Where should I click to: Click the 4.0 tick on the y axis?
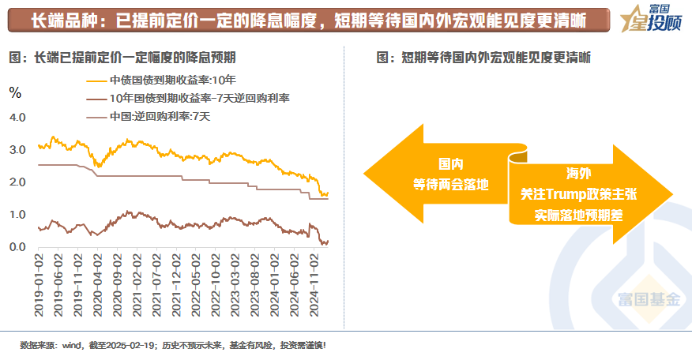tap(17, 117)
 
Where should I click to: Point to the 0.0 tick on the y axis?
tap(17, 247)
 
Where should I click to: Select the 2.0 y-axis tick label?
tap(17, 182)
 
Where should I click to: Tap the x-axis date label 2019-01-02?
tap(39, 282)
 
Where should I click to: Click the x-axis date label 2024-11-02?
tap(314, 282)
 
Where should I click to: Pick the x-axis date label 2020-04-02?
tap(98, 282)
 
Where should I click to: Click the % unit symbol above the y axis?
tap(14, 92)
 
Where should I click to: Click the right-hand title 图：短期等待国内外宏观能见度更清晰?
tap(485, 58)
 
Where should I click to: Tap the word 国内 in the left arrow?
tap(451, 164)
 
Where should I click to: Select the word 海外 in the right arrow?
tap(578, 173)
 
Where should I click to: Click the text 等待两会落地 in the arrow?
tap(451, 184)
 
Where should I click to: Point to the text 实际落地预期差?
tap(578, 213)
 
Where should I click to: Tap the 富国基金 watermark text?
tap(650, 299)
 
